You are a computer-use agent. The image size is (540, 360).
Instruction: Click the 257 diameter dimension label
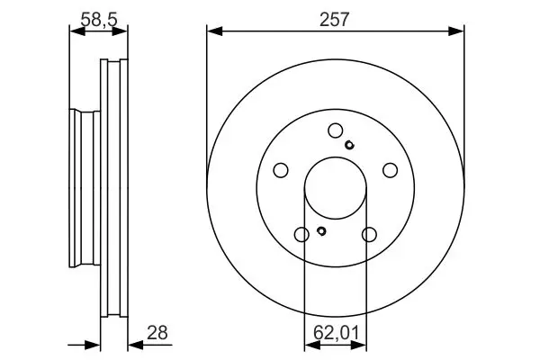pyautogui.click(x=334, y=20)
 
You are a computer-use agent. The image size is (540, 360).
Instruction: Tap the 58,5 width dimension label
pyautogui.click(x=99, y=20)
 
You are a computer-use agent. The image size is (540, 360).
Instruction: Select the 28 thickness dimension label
pyautogui.click(x=157, y=333)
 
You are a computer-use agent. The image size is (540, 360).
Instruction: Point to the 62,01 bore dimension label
pyautogui.click(x=336, y=333)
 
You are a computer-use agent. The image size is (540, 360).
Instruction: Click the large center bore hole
pyautogui.click(x=336, y=188)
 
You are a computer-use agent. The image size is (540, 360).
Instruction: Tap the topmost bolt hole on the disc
pyautogui.click(x=336, y=130)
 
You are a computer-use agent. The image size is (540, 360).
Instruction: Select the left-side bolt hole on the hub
pyautogui.click(x=281, y=170)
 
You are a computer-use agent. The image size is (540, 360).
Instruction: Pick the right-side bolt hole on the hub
pyautogui.click(x=391, y=170)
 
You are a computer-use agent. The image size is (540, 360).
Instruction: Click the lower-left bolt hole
pyautogui.click(x=301, y=235)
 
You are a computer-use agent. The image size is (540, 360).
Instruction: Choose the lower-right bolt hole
pyautogui.click(x=369, y=235)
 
